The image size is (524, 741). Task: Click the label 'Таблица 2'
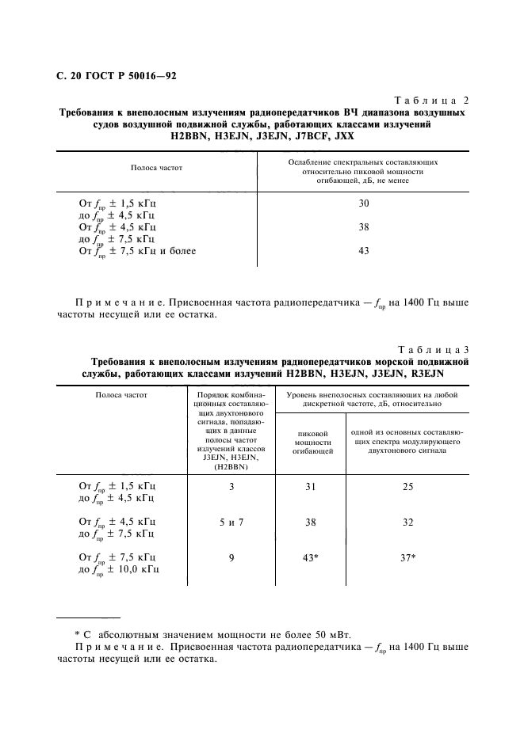tap(431, 101)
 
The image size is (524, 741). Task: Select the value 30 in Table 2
tap(363, 203)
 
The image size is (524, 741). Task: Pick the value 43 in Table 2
tap(363, 251)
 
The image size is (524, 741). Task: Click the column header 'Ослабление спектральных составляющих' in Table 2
tap(363, 161)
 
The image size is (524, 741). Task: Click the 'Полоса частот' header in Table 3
tap(121, 393)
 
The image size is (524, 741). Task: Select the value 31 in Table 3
tap(311, 486)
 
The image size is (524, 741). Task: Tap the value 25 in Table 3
tap(407, 486)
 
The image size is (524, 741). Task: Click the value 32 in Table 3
tap(407, 522)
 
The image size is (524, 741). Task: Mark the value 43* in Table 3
tap(312, 558)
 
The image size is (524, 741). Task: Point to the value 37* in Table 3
tap(408, 558)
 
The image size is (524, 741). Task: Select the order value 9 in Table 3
tap(231, 558)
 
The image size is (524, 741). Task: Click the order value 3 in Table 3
tap(231, 486)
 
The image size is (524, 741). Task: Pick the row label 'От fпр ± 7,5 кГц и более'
tap(137, 251)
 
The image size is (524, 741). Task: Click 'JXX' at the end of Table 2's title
tap(343, 135)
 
